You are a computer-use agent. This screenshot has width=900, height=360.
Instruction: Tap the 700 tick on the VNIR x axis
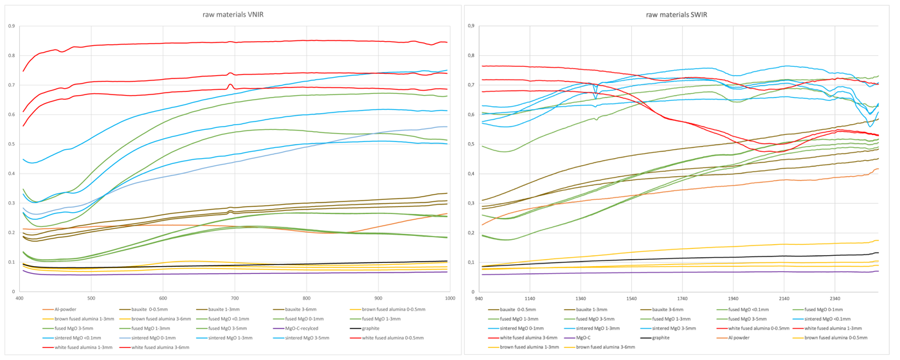tap(235, 299)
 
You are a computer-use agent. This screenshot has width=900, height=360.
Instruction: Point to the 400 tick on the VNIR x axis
tap(20, 299)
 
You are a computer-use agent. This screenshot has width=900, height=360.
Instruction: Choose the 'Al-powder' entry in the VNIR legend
tap(64, 310)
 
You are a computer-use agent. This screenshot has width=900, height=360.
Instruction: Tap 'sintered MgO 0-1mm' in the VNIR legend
tap(157, 337)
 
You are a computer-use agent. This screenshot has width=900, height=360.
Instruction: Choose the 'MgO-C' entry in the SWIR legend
tap(583, 337)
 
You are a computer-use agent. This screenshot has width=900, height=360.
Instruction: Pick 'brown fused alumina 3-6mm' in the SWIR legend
tap(606, 347)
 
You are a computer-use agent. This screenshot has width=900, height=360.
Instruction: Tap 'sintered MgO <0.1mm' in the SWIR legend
tap(824, 319)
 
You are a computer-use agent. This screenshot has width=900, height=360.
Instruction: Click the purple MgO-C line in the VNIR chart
tap(193, 274)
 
